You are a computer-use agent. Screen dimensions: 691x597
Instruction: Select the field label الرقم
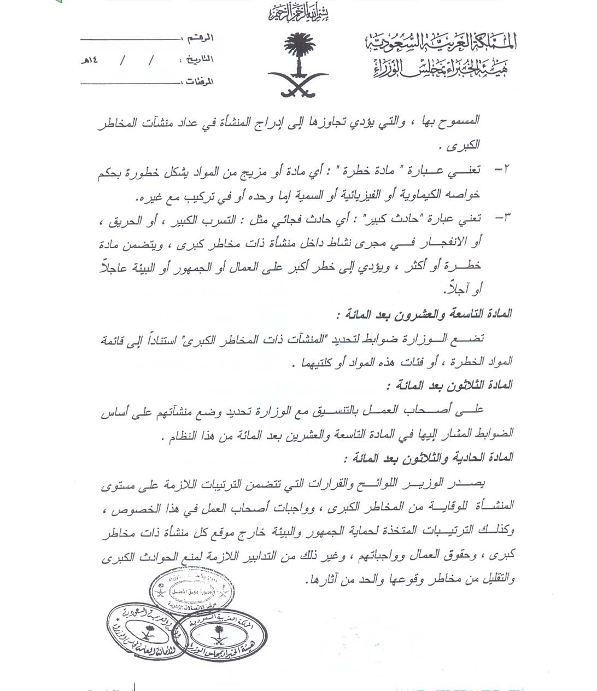(200, 39)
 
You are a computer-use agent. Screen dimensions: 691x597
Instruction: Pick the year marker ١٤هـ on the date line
(90, 60)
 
